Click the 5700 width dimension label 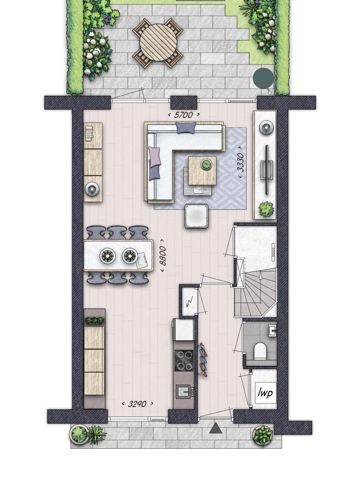pyautogui.click(x=183, y=115)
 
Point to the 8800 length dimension pyautogui.click(x=162, y=255)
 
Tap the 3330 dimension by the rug pyautogui.click(x=241, y=163)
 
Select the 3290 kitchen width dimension pyautogui.click(x=137, y=403)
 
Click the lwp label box pyautogui.click(x=265, y=392)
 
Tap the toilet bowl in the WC pyautogui.click(x=261, y=350)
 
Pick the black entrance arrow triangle pyautogui.click(x=216, y=428)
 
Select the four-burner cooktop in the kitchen pyautogui.click(x=184, y=361)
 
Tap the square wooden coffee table pyautogui.click(x=202, y=171)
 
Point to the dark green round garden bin pyautogui.click(x=263, y=77)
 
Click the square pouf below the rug pyautogui.click(x=196, y=216)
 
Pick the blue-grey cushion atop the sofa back pyautogui.click(x=186, y=128)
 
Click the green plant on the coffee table pyautogui.click(x=207, y=164)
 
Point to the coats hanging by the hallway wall pyautogui.click(x=203, y=360)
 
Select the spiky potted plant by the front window pyautogui.click(x=96, y=434)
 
